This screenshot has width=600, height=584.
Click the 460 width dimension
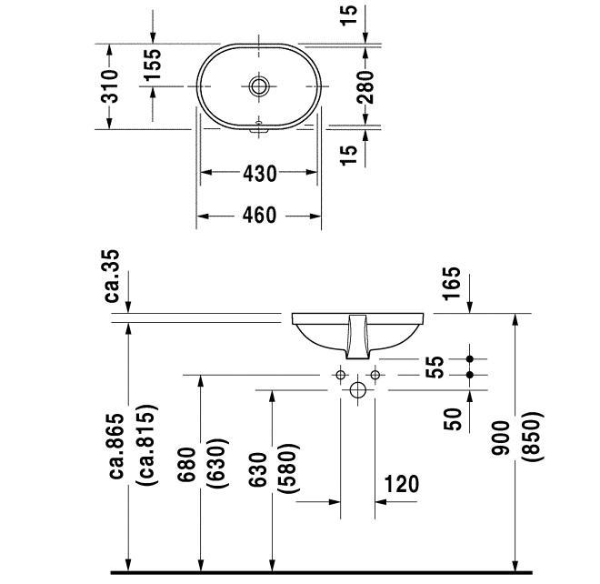tap(259, 216)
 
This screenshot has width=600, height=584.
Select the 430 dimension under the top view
tap(259, 173)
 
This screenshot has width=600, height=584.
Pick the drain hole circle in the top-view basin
tap(260, 86)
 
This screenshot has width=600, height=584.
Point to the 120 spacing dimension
tap(400, 484)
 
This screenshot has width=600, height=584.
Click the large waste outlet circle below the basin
tap(357, 390)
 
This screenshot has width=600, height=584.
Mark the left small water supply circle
tap(341, 375)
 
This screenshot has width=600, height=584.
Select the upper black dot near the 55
tap(470, 359)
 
